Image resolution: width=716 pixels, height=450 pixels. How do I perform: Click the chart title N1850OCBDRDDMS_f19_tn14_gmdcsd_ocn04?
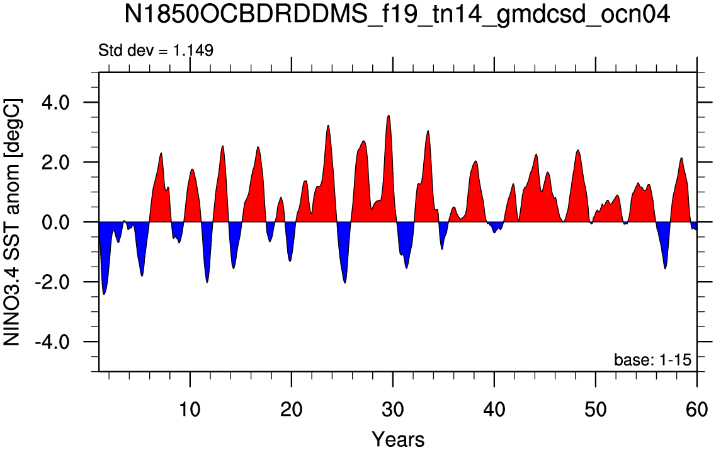click(397, 16)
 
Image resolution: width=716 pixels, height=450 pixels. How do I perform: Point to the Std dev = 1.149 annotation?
click(156, 50)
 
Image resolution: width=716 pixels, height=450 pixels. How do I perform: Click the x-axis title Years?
click(398, 439)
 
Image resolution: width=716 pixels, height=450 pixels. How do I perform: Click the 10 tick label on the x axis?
click(190, 396)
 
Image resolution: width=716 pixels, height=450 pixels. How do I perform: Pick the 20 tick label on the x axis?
click(292, 396)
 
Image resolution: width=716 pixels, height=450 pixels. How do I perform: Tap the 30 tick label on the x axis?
click(393, 396)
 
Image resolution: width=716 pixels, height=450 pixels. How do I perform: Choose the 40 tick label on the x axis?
click(494, 396)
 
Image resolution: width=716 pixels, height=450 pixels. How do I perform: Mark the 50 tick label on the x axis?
click(596, 396)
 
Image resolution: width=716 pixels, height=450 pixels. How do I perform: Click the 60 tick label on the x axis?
click(697, 396)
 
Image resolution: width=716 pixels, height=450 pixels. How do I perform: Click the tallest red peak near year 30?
click(389, 116)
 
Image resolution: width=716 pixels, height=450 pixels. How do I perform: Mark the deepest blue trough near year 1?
click(104, 294)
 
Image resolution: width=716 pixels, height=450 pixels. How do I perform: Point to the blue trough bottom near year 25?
click(344, 283)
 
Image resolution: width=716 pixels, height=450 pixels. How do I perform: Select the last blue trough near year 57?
click(666, 268)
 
